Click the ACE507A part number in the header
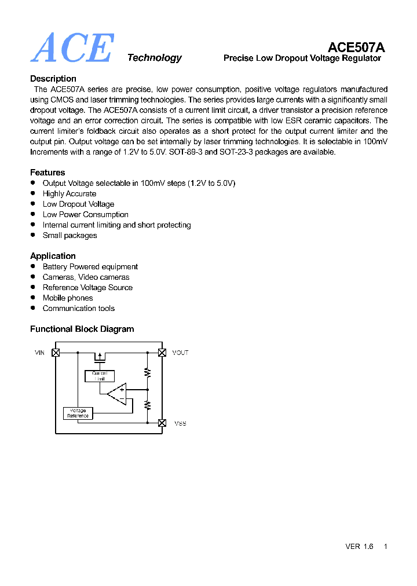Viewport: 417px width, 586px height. [356, 47]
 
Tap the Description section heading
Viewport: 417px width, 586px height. [53, 79]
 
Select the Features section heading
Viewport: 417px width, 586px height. [47, 173]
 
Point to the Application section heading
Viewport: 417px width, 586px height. [53, 256]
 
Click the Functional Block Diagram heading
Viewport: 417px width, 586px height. [82, 329]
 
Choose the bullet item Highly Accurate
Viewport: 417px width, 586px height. [69, 194]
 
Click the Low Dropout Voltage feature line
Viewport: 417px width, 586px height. [78, 204]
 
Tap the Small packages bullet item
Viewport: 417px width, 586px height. [69, 236]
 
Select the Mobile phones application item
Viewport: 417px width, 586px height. [68, 298]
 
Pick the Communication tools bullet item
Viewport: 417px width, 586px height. [79, 309]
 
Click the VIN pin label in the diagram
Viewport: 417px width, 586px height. [39, 353]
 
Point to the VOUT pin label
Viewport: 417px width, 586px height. [180, 353]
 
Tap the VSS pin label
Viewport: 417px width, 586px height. [180, 423]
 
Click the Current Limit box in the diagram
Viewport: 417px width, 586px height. [100, 376]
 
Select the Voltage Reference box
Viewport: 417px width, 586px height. [78, 413]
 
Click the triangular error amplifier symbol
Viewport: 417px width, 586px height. [118, 394]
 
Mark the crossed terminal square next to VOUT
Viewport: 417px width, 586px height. [162, 353]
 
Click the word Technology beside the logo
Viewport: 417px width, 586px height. [154, 58]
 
